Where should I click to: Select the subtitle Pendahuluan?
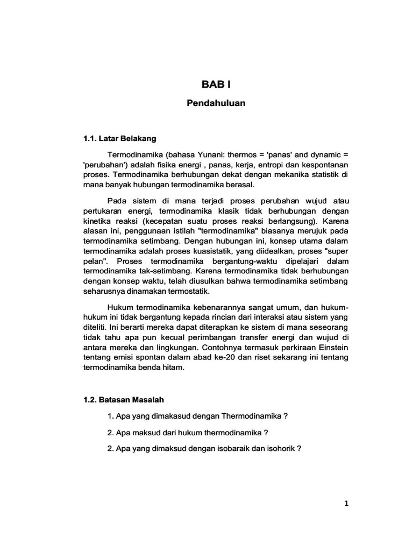click(216, 103)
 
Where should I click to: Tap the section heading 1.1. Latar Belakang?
click(119, 138)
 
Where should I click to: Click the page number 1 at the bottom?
click(346, 504)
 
